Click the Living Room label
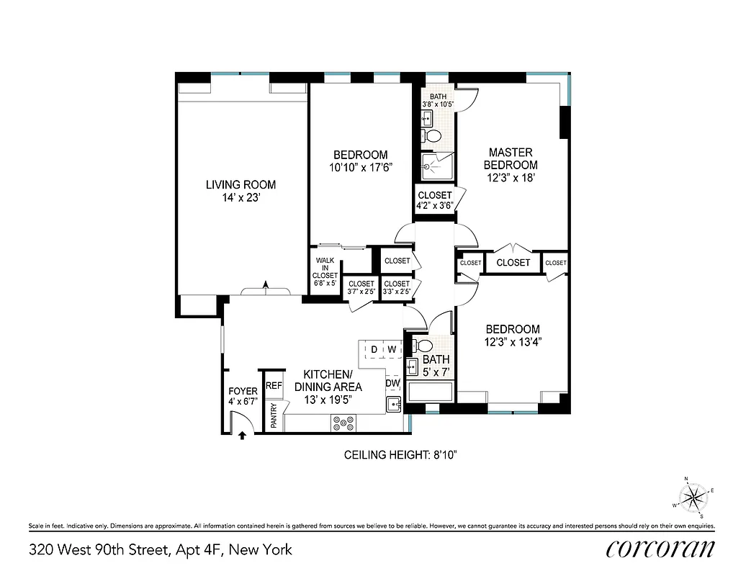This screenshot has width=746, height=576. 241,185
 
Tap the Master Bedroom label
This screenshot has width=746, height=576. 511,158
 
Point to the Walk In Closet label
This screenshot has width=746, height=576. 325,268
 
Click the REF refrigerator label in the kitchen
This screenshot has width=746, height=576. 274,386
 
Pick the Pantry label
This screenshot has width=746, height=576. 274,415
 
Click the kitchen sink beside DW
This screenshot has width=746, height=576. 394,404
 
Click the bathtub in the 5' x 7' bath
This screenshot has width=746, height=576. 429,392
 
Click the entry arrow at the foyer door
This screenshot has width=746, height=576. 242,434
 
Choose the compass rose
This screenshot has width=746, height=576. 693,496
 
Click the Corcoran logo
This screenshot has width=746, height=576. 660,549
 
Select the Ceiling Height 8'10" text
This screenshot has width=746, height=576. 400,455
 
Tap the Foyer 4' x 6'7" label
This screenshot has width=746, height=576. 243,397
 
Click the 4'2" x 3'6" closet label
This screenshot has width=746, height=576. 434,199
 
